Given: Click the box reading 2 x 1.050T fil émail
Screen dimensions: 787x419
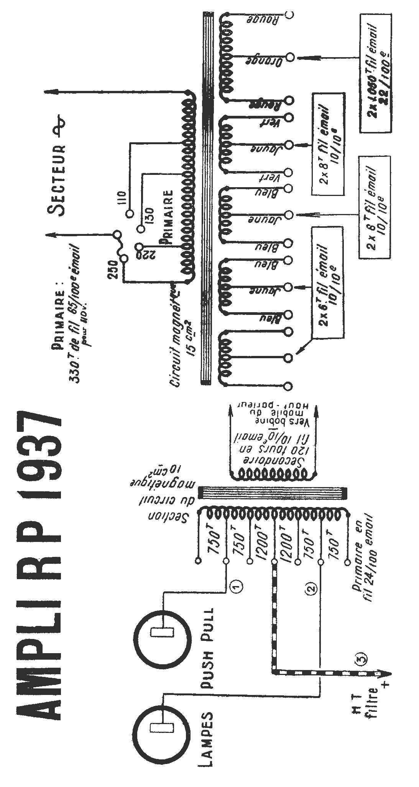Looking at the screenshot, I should tap(376, 73).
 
